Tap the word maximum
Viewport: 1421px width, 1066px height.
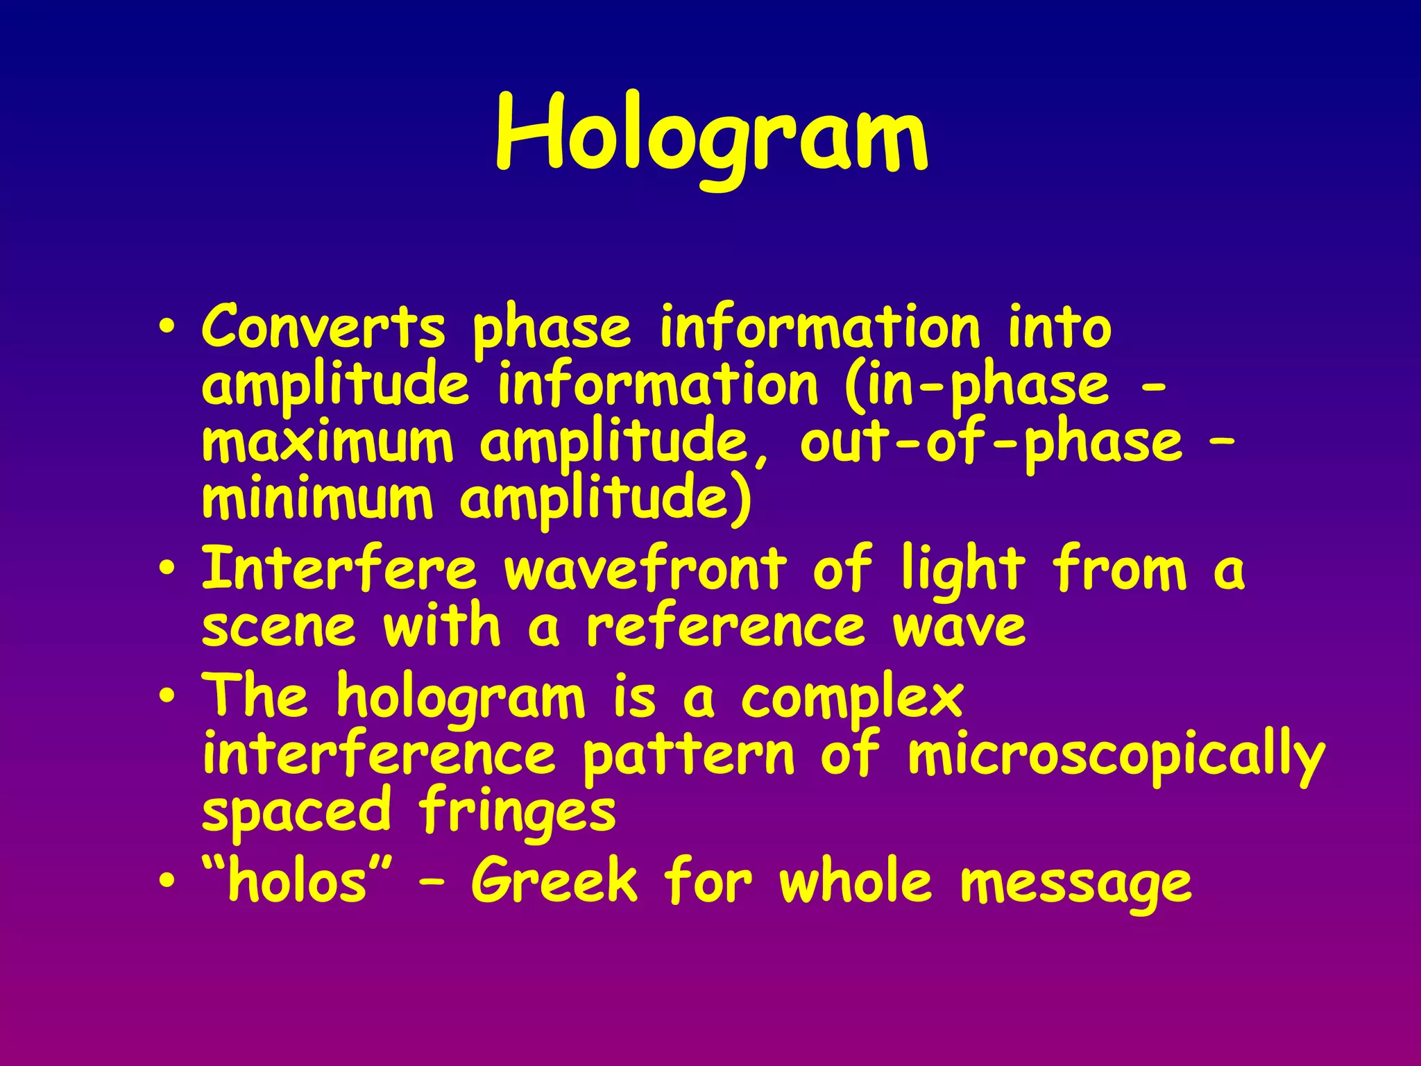327,443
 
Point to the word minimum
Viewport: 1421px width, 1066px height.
317,500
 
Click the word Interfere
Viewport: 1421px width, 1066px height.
339,569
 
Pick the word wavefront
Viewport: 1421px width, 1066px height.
645,569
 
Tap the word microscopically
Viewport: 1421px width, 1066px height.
1116,756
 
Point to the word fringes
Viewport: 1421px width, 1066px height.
517,812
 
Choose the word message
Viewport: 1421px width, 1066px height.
1076,885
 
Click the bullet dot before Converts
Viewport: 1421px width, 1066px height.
167,328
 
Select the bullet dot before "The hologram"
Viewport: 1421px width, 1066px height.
167,697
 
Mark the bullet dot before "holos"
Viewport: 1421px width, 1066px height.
167,881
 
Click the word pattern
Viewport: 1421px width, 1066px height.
688,756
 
